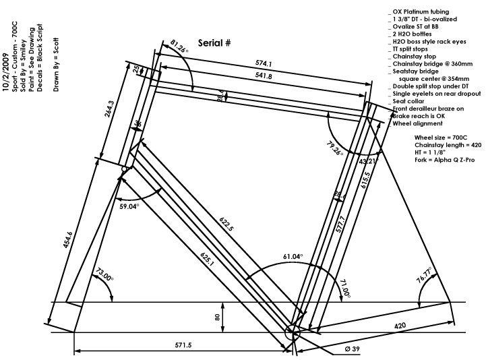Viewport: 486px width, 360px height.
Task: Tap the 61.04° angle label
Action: click(x=293, y=257)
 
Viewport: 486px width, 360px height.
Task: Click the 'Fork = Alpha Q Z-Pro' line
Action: click(x=445, y=159)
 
